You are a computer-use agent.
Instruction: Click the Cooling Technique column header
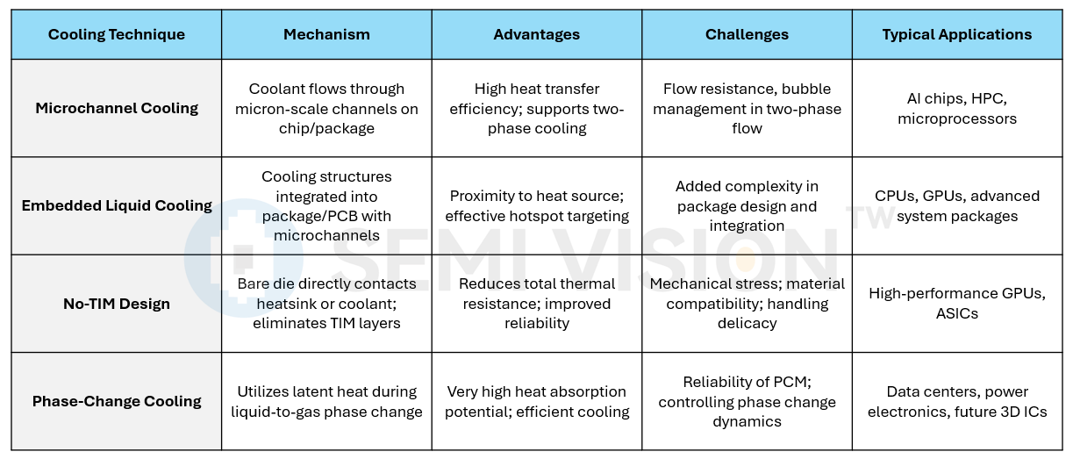[117, 34]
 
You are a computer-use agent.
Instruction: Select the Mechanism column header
[326, 34]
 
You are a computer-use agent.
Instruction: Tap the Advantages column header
[537, 34]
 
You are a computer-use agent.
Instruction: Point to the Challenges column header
[747, 34]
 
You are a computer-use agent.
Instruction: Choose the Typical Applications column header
[957, 34]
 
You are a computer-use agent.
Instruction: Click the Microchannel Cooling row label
[117, 108]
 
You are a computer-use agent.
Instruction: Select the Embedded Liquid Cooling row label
[117, 205]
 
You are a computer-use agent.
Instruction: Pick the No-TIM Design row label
[117, 304]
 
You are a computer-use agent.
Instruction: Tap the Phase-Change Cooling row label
[117, 401]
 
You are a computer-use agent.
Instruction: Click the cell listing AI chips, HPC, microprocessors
[957, 108]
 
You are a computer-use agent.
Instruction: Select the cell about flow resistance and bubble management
[747, 108]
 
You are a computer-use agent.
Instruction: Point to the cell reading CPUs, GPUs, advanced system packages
[957, 205]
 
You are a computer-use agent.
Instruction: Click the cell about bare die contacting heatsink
[326, 304]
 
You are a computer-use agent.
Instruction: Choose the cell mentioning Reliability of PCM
[747, 401]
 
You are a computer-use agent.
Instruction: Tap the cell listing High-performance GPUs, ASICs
[957, 304]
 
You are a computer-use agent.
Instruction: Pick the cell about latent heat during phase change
[326, 401]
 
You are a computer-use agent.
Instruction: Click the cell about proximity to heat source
[537, 205]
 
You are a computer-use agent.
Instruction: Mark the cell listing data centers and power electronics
[957, 401]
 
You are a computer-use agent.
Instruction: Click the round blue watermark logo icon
[243, 258]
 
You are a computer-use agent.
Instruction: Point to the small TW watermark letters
[870, 217]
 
